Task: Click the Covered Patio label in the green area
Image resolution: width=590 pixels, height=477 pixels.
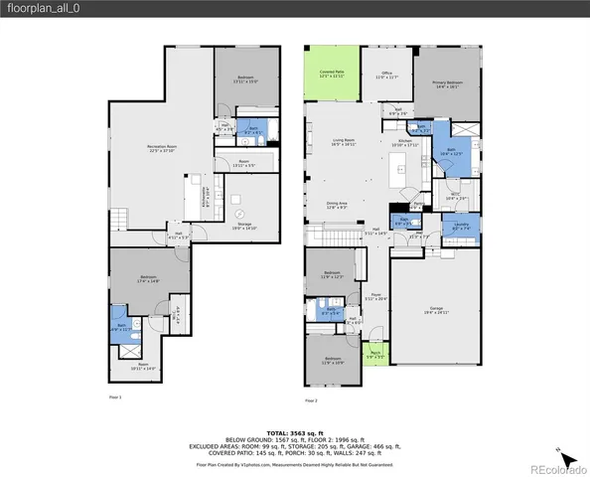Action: point(331,74)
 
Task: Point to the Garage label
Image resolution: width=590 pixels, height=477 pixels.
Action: point(437,310)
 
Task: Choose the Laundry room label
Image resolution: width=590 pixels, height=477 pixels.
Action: point(462,227)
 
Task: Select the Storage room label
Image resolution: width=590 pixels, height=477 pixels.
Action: point(244,226)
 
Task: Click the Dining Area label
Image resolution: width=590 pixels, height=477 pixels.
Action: point(337,204)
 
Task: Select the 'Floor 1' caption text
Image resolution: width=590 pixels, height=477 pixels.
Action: point(115,397)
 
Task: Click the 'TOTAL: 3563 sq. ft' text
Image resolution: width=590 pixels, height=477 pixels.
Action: point(294,432)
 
